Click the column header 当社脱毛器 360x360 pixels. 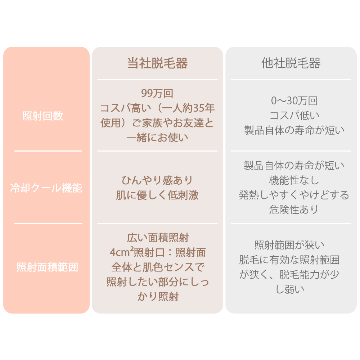(157, 63)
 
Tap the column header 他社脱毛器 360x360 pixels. (291, 63)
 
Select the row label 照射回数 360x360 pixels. (43, 116)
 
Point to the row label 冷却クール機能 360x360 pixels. (46, 188)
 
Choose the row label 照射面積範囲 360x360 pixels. (47, 267)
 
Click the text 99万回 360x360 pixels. (157, 94)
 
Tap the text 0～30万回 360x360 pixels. (294, 101)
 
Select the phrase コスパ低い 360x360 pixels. (294, 115)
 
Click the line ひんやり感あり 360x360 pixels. (157, 180)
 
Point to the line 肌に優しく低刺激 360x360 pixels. (157, 195)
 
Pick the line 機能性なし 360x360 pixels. (294, 180)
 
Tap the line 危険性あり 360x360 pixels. (294, 210)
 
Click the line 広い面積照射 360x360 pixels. (158, 238)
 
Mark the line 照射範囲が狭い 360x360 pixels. (289, 245)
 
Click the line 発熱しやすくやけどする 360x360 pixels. (294, 195)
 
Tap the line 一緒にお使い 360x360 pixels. (157, 138)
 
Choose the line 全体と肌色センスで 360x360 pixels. (158, 267)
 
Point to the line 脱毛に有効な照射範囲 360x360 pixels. (289, 260)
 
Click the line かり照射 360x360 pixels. (158, 296)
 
